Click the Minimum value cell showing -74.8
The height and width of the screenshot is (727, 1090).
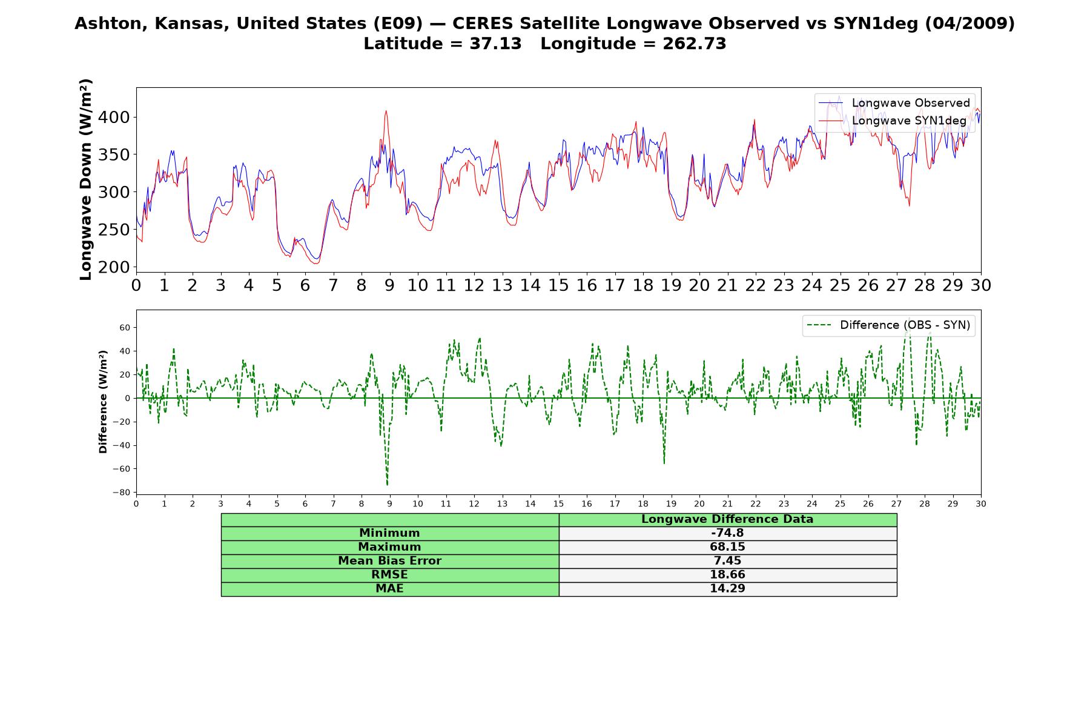point(727,533)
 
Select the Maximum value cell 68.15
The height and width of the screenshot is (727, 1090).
point(727,547)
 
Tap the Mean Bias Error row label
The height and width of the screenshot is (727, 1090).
point(389,561)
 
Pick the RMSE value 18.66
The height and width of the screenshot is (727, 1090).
point(727,575)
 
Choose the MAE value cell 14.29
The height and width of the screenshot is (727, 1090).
point(727,589)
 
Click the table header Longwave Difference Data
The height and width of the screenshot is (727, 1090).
point(727,519)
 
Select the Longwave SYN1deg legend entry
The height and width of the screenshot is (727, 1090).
point(893,121)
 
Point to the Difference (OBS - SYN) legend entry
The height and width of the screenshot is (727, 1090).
point(889,325)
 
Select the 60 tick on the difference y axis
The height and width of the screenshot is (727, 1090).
point(125,328)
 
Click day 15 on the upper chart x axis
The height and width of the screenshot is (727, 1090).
point(558,285)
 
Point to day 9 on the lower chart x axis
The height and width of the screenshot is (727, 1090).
point(389,503)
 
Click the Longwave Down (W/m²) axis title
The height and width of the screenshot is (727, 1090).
point(85,179)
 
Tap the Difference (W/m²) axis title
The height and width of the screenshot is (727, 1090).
point(103,402)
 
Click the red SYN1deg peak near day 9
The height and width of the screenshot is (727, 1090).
point(386,111)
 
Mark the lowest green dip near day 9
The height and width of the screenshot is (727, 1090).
point(387,485)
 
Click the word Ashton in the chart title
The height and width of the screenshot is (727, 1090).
point(111,24)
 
